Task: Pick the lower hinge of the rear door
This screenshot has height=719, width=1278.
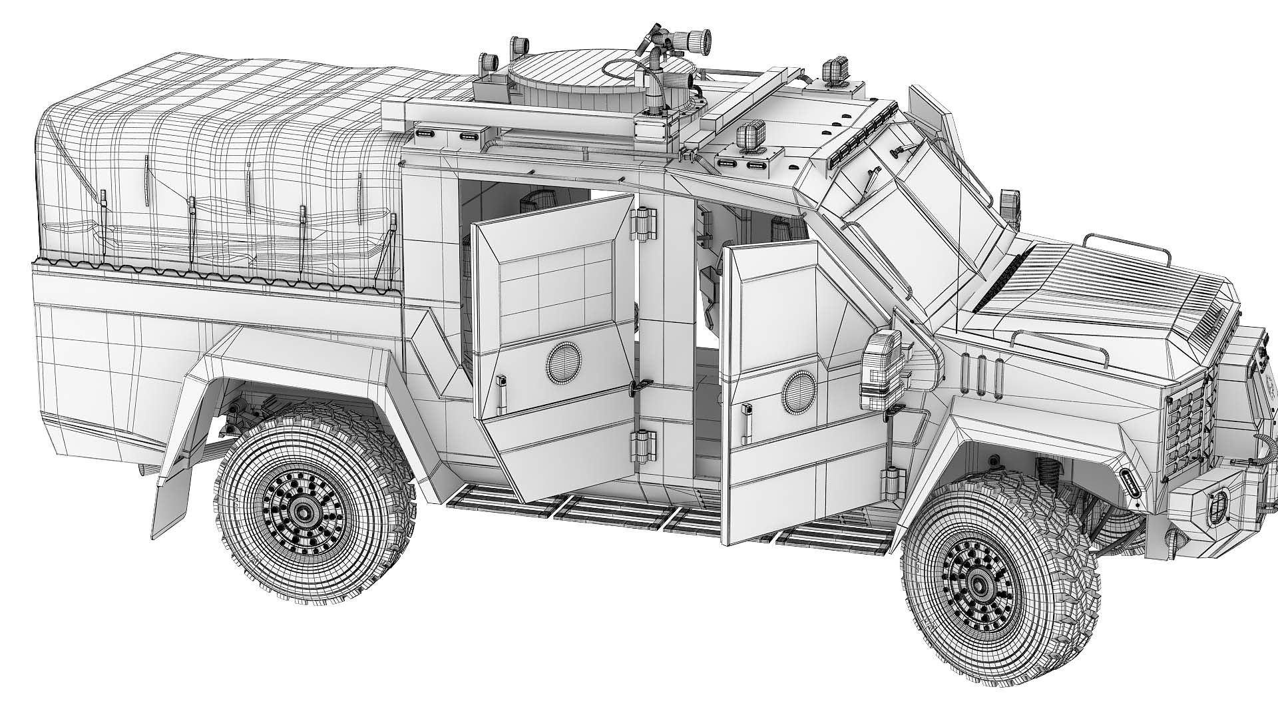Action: pos(644,444)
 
